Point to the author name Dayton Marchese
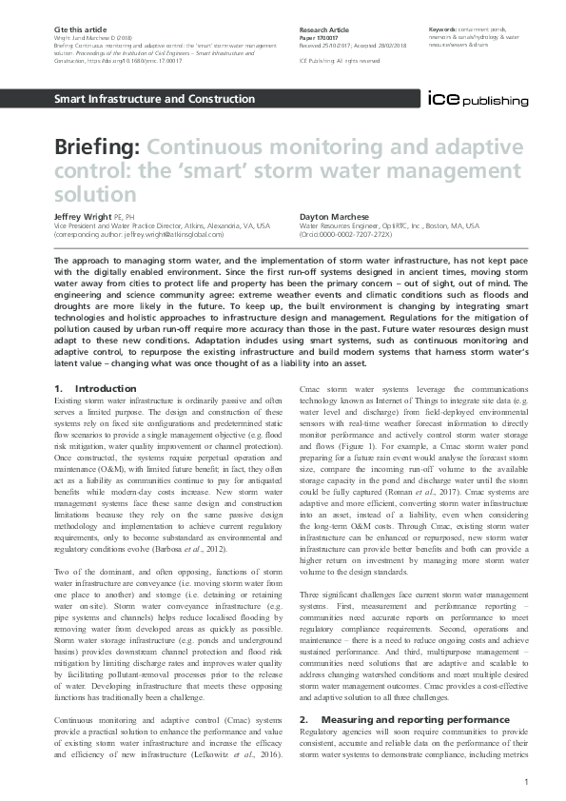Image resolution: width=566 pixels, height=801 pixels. click(334, 217)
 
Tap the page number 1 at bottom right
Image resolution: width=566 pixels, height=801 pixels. click(526, 781)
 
